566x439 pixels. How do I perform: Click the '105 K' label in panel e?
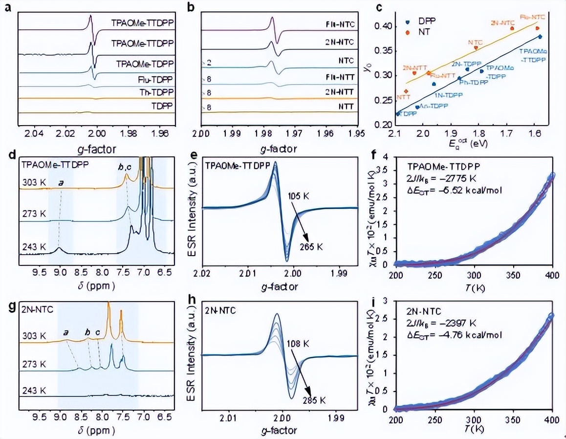click(301, 196)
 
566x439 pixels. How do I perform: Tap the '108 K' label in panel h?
click(299, 344)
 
